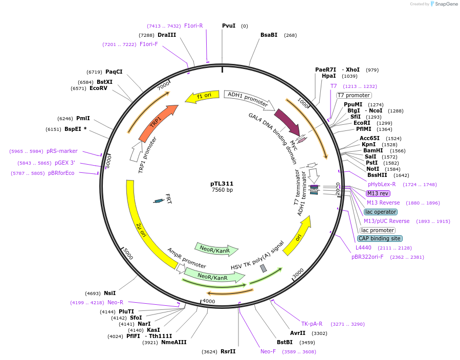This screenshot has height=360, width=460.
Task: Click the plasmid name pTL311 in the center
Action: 222,184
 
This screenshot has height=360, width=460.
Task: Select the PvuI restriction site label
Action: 229,26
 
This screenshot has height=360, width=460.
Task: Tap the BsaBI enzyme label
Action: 269,35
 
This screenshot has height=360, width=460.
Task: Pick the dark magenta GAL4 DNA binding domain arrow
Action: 287,122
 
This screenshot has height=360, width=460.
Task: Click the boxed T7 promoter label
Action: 354,95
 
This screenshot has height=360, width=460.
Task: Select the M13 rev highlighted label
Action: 378,193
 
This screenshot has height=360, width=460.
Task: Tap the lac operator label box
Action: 380,212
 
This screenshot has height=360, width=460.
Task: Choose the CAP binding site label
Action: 380,238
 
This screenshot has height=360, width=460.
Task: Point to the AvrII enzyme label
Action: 297,333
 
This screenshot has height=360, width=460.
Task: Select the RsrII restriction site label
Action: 228,351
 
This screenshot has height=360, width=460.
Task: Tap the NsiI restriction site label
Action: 109,293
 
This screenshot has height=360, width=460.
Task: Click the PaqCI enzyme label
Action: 114,72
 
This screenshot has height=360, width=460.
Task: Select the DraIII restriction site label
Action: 167,35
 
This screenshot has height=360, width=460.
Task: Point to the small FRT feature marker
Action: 159,201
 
